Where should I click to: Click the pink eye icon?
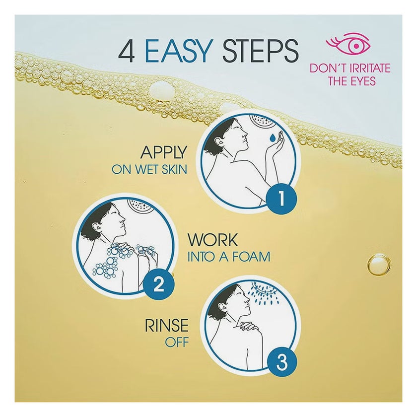[353, 45]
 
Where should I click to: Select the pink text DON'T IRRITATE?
[350, 69]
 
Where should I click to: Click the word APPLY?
[163, 152]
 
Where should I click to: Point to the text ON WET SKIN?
[149, 170]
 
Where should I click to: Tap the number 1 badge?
[281, 200]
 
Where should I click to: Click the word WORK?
[212, 240]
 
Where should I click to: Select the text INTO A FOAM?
[228, 257]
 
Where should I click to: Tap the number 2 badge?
[158, 285]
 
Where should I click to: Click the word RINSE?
[166, 326]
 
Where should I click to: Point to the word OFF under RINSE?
[177, 343]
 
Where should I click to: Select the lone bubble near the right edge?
[379, 265]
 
